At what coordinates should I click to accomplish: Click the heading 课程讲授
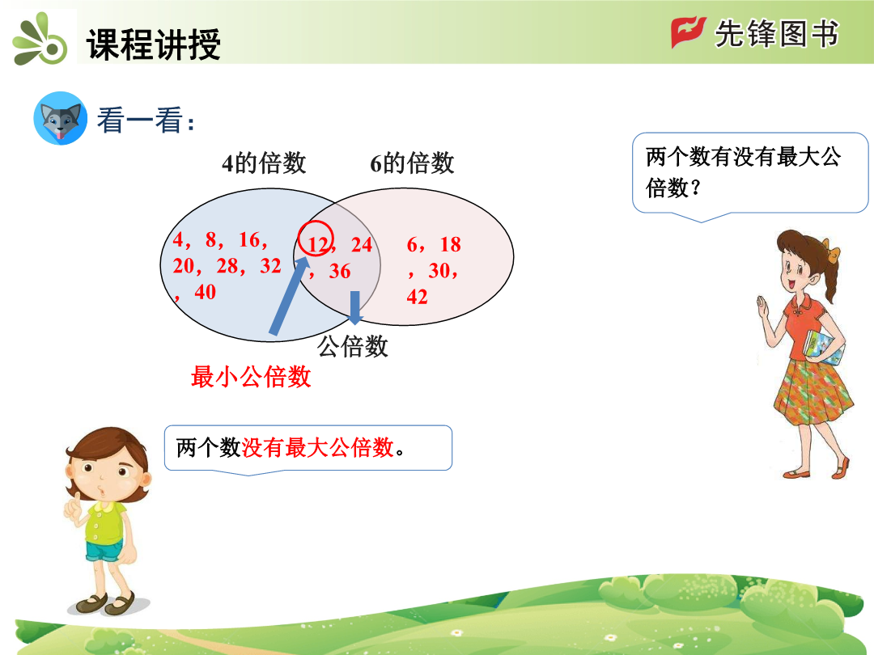tap(153, 44)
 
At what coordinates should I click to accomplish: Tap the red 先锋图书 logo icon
tap(688, 32)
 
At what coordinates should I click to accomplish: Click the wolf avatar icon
tap(60, 118)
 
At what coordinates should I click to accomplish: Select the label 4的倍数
tap(264, 163)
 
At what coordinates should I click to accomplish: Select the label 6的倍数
tap(412, 163)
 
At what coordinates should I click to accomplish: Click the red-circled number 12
tap(318, 244)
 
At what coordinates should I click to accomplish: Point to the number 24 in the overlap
tap(362, 244)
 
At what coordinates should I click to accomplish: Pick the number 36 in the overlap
tap(340, 271)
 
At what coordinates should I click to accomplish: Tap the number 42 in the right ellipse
tap(417, 297)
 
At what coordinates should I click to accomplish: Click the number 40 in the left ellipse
tap(205, 292)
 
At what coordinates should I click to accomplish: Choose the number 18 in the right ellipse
tap(451, 244)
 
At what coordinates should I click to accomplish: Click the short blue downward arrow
tap(355, 307)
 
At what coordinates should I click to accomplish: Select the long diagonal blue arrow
tap(289, 296)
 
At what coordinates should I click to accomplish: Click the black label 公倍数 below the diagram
tap(353, 346)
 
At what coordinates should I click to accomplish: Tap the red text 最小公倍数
tap(251, 377)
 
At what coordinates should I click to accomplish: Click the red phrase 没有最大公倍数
tap(318, 447)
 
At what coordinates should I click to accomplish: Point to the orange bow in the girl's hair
tap(832, 251)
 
